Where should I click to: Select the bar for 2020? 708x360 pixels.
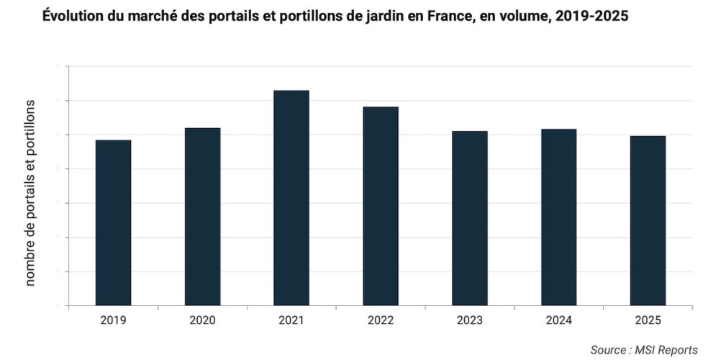tap(202, 216)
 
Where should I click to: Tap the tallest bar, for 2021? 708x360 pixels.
tap(291, 197)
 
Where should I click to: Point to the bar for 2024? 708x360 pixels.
tap(558, 217)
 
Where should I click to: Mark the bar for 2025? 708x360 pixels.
tap(648, 220)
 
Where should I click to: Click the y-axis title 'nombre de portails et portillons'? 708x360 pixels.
tap(31, 193)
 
